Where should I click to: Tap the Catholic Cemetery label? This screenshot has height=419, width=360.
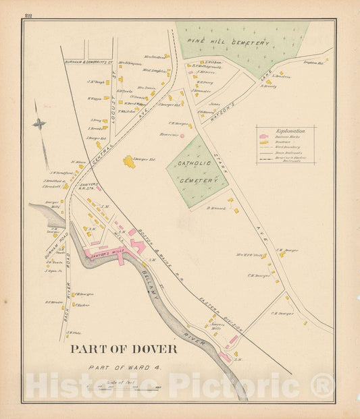click(x=199, y=171)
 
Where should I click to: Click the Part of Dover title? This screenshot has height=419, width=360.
click(x=124, y=349)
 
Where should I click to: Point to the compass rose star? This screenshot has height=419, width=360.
click(x=40, y=123)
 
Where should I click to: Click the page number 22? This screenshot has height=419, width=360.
click(x=28, y=15)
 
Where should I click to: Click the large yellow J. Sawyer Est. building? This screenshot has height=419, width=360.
click(x=128, y=162)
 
